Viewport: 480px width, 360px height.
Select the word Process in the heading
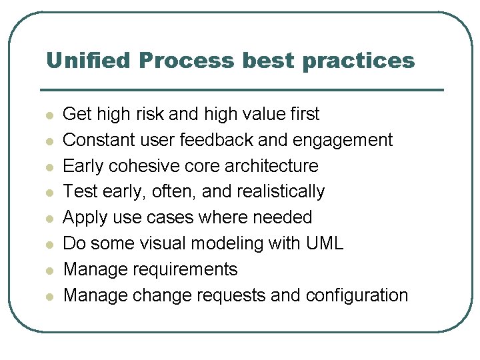tap(187, 61)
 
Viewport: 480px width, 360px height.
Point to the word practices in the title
tap(358, 61)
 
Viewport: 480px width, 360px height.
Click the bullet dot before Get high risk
tap(49, 115)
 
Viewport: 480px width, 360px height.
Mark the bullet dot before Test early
tap(49, 193)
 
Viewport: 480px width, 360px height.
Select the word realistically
tap(279, 192)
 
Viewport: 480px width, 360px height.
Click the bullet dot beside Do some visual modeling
tap(49, 245)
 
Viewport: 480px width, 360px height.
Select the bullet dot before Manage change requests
tap(49, 296)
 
